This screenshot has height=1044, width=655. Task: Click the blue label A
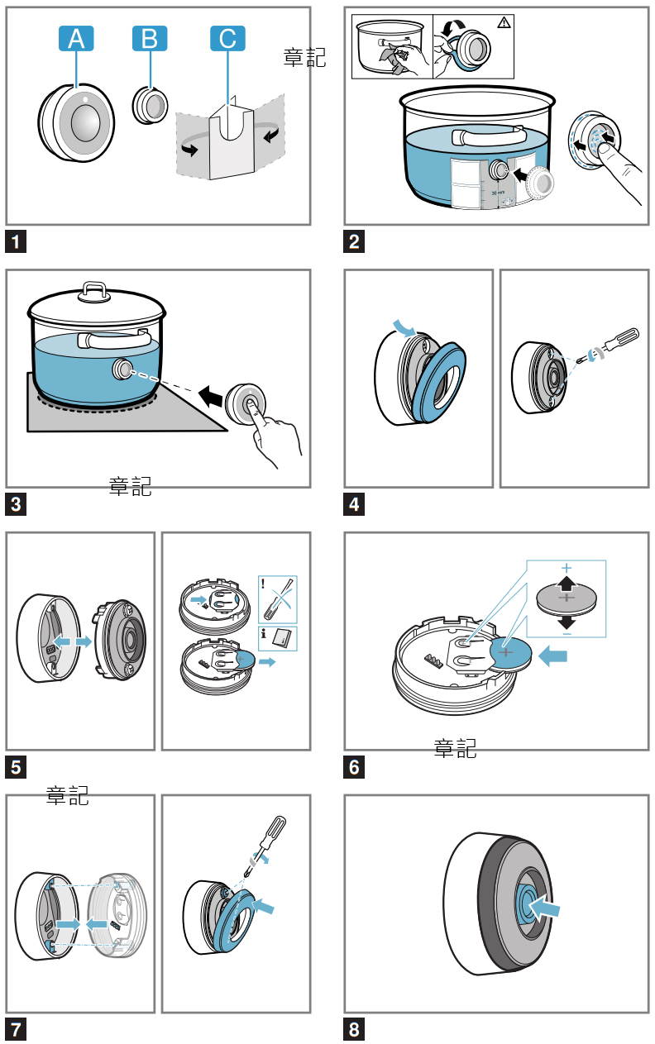[76, 38]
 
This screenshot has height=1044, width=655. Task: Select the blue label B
[150, 38]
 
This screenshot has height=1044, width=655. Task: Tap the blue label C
[227, 38]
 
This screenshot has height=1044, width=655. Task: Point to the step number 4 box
[354, 503]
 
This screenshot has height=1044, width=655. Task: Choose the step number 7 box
[16, 1029]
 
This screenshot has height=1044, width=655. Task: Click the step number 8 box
[354, 1029]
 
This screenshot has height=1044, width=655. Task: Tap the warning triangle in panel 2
[504, 22]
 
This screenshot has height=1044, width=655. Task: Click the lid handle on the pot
[93, 289]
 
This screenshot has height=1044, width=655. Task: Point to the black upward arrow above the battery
[567, 583]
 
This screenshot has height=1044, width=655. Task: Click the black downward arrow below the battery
[567, 621]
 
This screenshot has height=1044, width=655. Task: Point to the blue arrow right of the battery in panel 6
[553, 656]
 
